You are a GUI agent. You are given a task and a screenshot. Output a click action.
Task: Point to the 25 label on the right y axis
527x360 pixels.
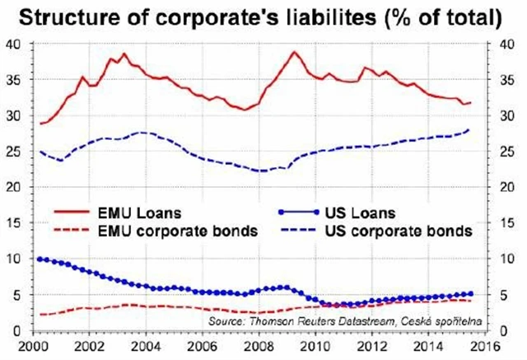(x=501, y=152)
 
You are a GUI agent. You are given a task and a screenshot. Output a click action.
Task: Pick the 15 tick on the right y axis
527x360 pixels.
(x=501, y=223)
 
